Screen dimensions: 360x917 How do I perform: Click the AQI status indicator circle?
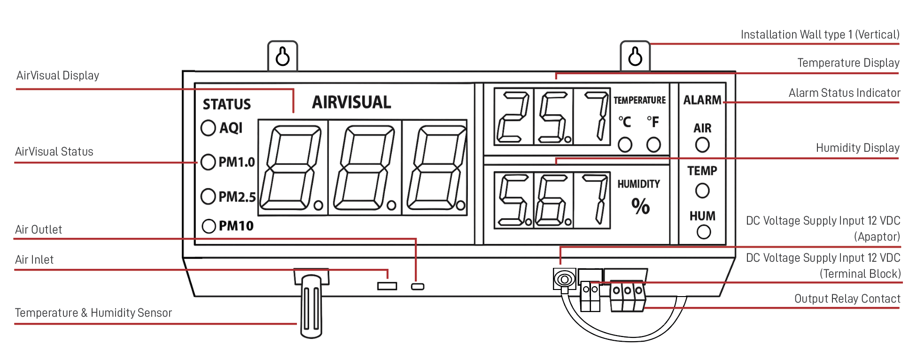pyautogui.click(x=208, y=128)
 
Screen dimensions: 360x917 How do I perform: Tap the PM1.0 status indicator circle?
pyautogui.click(x=208, y=162)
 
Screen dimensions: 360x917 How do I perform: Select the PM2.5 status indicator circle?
pyautogui.click(x=208, y=196)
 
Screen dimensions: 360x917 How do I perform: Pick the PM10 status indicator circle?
pyautogui.click(x=209, y=226)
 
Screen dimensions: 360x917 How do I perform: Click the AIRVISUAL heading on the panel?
pyautogui.click(x=351, y=102)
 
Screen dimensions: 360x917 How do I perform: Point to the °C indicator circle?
pyautogui.click(x=625, y=145)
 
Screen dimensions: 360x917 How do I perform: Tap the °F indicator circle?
pyautogui.click(x=653, y=145)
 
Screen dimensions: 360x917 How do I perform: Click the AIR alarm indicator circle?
pyautogui.click(x=702, y=145)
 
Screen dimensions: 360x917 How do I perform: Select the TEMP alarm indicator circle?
pyautogui.click(x=702, y=191)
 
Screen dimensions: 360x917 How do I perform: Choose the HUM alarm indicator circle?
pyautogui.click(x=703, y=232)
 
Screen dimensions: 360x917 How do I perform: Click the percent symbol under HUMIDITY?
pyautogui.click(x=640, y=206)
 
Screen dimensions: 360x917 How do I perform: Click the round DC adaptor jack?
pyautogui.click(x=564, y=280)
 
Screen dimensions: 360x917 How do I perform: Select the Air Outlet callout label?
pyautogui.click(x=39, y=230)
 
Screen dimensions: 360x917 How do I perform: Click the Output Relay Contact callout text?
pyautogui.click(x=847, y=299)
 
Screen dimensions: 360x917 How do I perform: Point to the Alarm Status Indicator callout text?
pyautogui.click(x=844, y=93)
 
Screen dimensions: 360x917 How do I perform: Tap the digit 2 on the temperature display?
pyautogui.click(x=513, y=117)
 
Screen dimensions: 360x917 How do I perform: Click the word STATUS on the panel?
pyautogui.click(x=227, y=104)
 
